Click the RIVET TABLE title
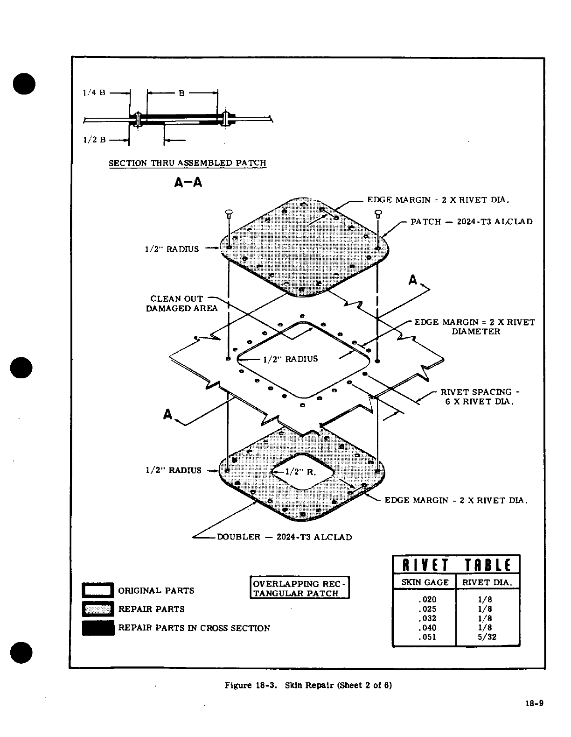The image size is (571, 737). (x=456, y=565)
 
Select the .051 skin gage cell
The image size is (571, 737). (x=427, y=637)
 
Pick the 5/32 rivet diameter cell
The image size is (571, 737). (x=487, y=637)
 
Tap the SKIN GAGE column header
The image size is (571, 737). (x=425, y=582)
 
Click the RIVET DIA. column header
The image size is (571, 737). (x=487, y=582)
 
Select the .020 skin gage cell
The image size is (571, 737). (x=427, y=600)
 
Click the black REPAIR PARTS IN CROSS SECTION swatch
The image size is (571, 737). (x=98, y=628)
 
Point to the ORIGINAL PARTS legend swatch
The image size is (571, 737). (x=98, y=590)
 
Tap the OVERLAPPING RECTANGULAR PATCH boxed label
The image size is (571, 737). (x=299, y=588)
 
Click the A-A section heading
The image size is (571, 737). (x=188, y=183)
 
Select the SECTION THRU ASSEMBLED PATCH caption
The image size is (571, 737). (x=187, y=163)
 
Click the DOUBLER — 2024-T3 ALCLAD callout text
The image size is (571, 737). (x=285, y=537)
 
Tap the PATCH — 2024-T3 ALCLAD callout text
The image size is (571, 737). (x=471, y=221)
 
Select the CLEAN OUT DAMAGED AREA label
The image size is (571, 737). (x=181, y=304)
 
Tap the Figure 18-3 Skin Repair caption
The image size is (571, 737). (x=308, y=686)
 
